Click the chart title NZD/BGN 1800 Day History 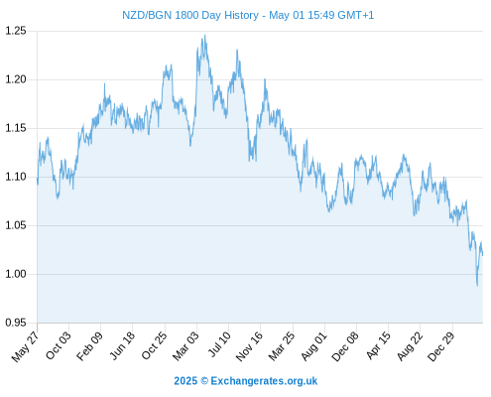point(190,15)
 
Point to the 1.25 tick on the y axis point(16,31)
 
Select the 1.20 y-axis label point(16,79)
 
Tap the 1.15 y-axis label point(16,128)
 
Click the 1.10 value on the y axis point(16,177)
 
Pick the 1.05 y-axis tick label point(16,225)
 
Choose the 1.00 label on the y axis point(16,274)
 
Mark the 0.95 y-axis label point(16,323)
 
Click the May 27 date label point(26,346)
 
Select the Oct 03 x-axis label point(59,345)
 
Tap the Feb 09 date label point(89,346)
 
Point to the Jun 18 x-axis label point(122,345)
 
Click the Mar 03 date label point(185,346)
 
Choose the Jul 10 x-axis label point(219,344)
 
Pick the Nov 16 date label point(249,346)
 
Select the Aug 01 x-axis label point(313,346)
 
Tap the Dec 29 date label point(441,346)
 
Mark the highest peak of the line point(205,35)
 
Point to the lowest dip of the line point(477,286)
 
